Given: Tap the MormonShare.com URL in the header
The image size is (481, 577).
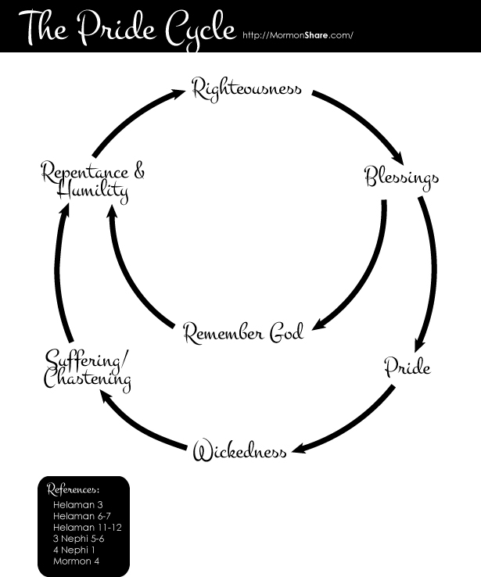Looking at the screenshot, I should click(x=298, y=35).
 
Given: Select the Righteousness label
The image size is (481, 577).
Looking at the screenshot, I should click(x=247, y=88).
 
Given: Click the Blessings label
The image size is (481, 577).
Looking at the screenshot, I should click(x=401, y=177).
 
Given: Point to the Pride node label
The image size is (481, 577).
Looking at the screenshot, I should click(x=407, y=366).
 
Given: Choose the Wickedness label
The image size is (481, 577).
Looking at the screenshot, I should click(x=239, y=452).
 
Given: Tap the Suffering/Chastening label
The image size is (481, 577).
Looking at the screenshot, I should click(x=87, y=371).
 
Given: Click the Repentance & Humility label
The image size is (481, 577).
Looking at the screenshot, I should click(x=93, y=181).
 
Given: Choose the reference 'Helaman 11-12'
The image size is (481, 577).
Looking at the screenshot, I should click(x=88, y=528).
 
